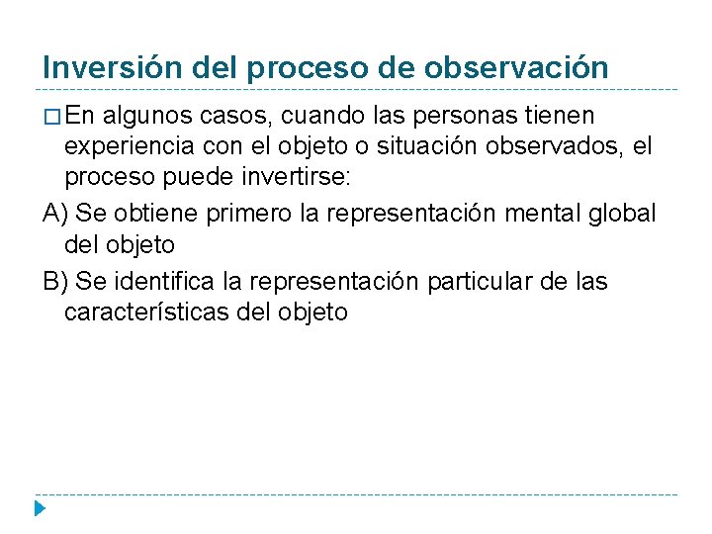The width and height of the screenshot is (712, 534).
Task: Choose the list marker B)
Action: (55, 281)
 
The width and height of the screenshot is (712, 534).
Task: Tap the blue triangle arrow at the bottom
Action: (39, 510)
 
